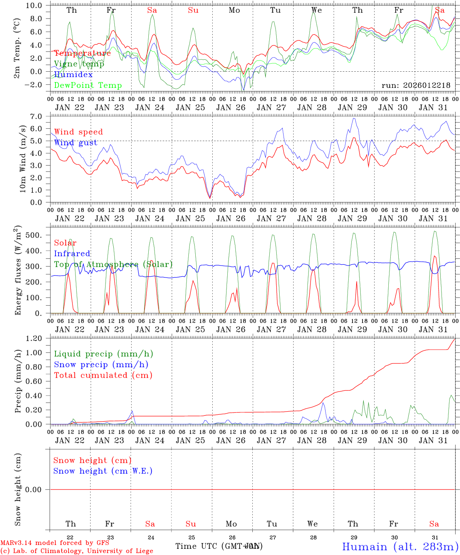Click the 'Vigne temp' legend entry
click(x=79, y=64)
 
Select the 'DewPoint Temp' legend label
click(x=88, y=86)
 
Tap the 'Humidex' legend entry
click(x=73, y=75)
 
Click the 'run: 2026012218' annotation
click(x=416, y=86)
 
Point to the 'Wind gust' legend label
click(x=76, y=143)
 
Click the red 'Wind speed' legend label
click(x=78, y=132)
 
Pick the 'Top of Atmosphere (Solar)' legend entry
click(x=113, y=264)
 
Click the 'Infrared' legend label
click(x=72, y=254)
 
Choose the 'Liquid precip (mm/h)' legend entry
click(x=103, y=354)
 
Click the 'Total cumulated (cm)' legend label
click(x=103, y=375)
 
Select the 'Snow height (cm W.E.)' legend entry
click(x=103, y=471)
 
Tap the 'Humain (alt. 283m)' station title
click(x=400, y=547)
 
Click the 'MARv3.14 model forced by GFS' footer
click(x=55, y=543)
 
